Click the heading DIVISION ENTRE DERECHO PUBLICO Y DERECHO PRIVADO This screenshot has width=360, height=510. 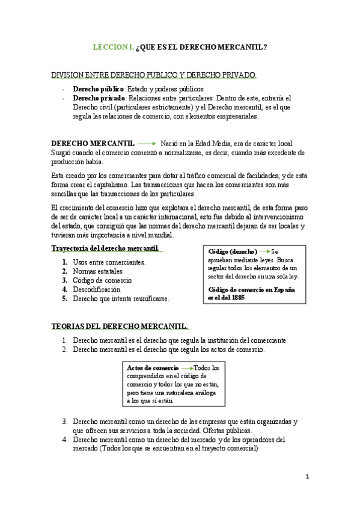pyautogui.click(x=153, y=75)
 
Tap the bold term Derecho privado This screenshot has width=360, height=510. pyautogui.click(x=99, y=98)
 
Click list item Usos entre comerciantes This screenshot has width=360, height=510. pyautogui.click(x=109, y=262)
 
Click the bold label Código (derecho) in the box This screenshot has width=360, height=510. pyautogui.click(x=233, y=251)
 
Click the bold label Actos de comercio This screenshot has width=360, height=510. pyautogui.click(x=153, y=367)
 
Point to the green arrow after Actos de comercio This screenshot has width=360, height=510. pyautogui.click(x=188, y=367)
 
